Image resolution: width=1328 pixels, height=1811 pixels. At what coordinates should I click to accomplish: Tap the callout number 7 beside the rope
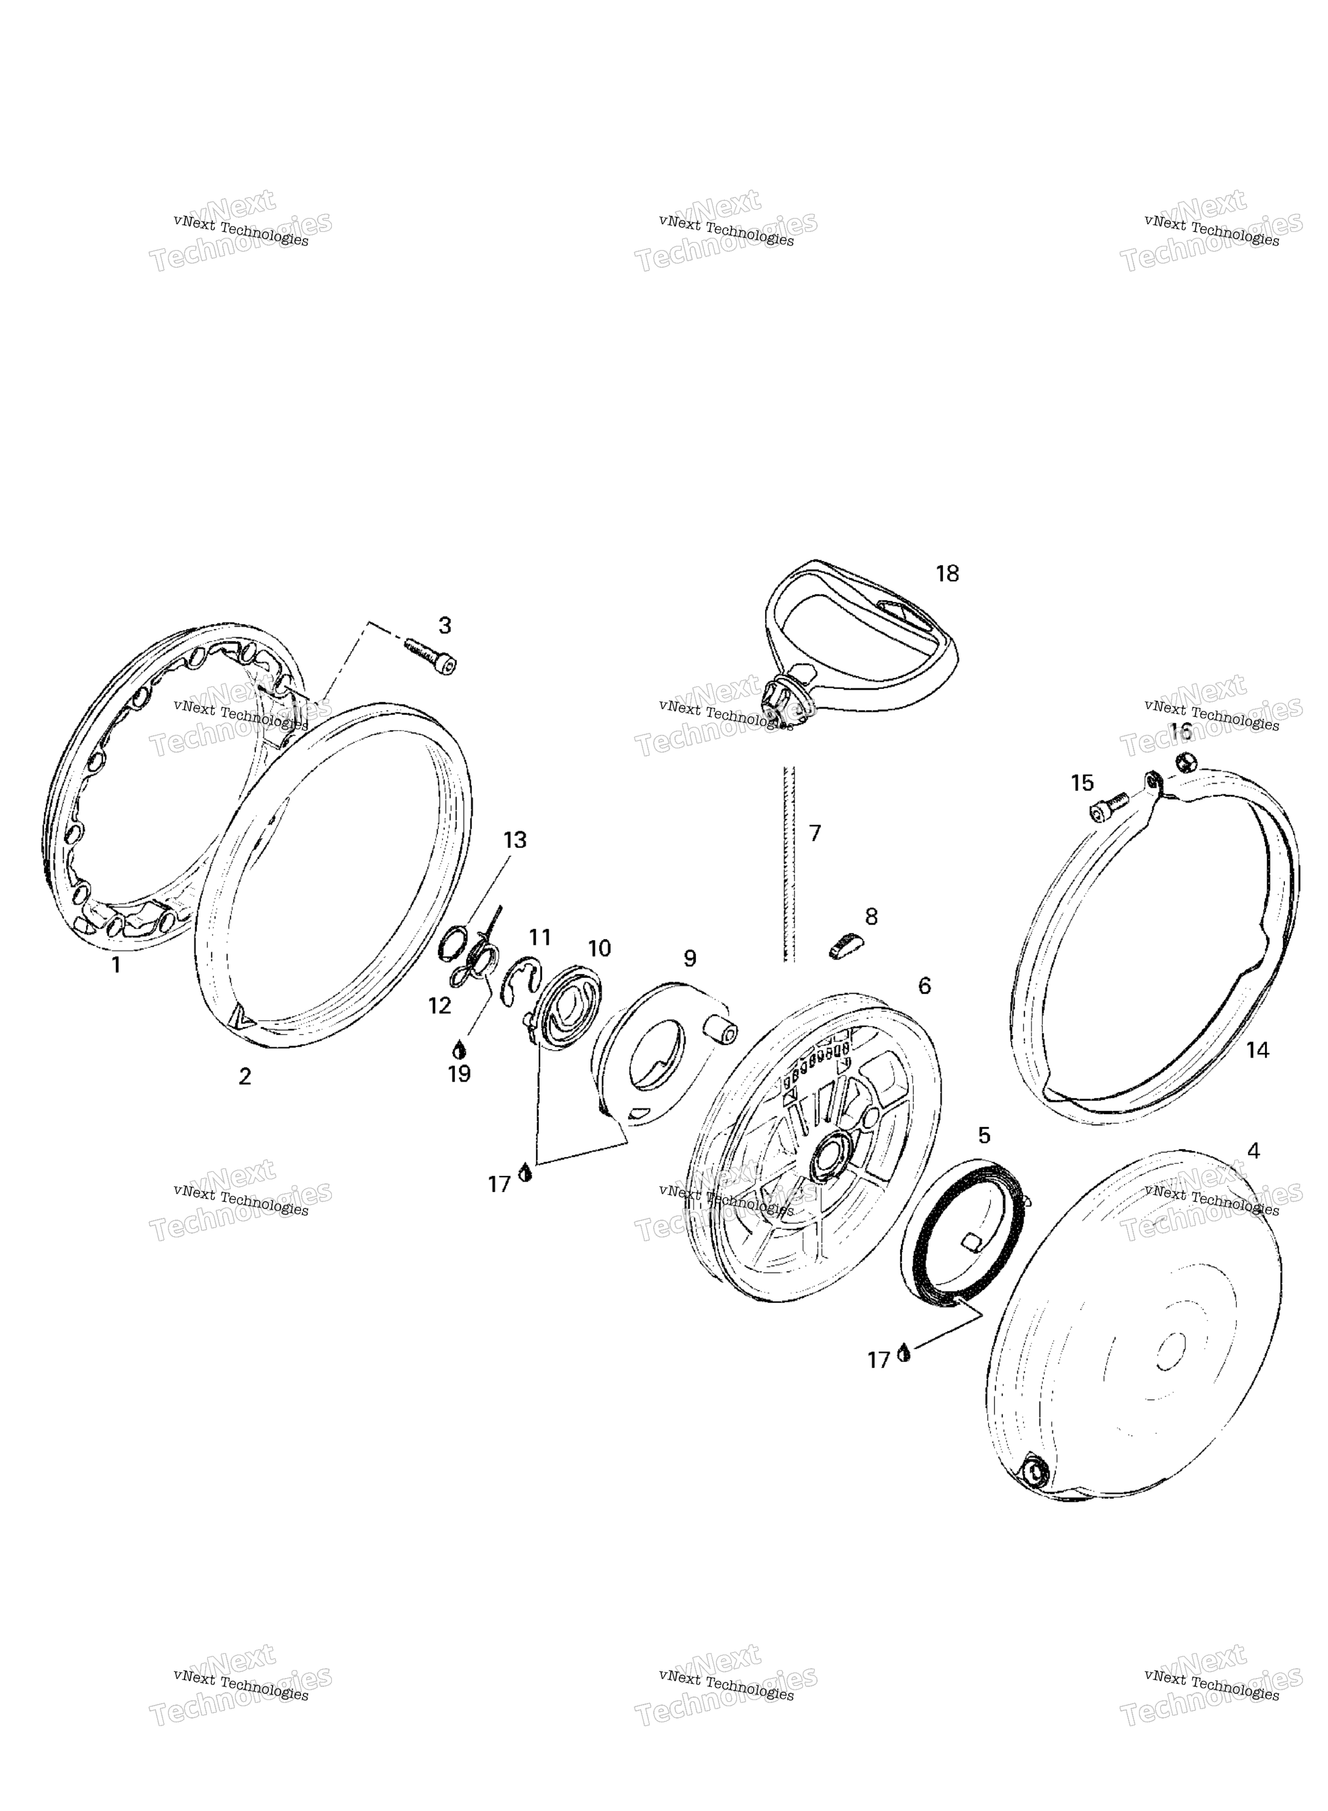815,833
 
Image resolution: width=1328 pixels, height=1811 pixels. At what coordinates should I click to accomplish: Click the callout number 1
116,964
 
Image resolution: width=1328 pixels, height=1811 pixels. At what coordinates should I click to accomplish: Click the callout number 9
690,958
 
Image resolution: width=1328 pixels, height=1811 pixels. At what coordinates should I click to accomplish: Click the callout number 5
984,1135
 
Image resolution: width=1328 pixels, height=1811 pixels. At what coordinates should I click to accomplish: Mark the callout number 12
440,1005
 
